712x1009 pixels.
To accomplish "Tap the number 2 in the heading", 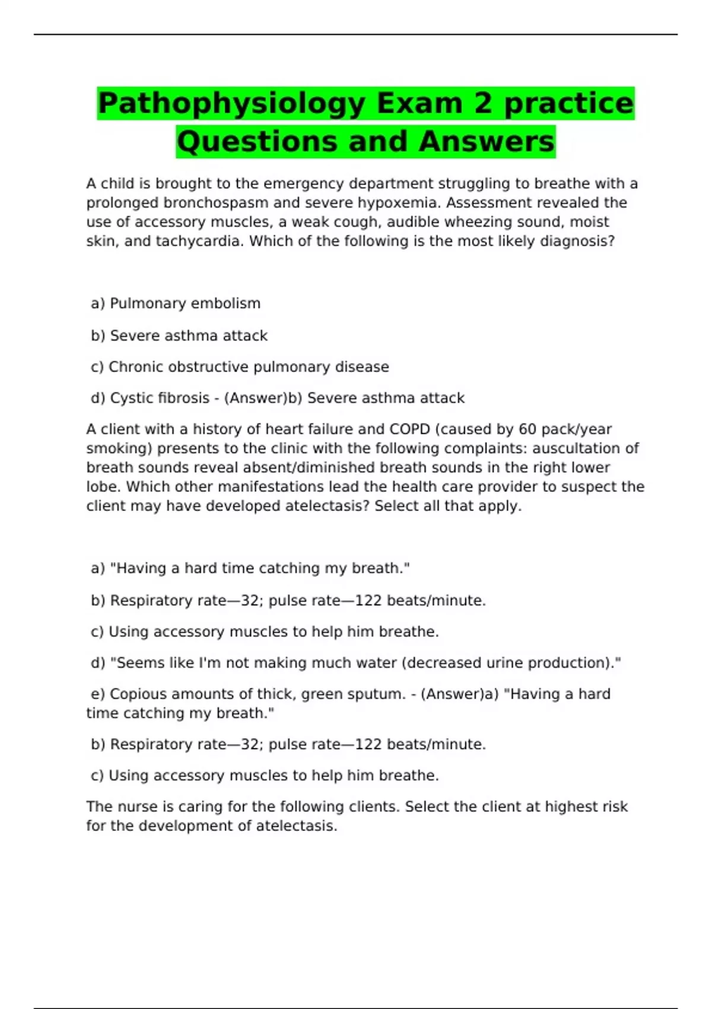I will tap(483, 103).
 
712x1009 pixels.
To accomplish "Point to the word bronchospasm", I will tap(215, 203).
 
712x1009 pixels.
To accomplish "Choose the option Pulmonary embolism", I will tap(185, 304).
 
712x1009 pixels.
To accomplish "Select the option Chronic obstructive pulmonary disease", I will tap(249, 367).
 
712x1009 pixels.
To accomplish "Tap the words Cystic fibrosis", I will tap(160, 398).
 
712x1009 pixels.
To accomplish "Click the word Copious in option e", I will tap(137, 694).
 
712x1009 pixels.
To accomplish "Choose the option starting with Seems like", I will tap(365, 663).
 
